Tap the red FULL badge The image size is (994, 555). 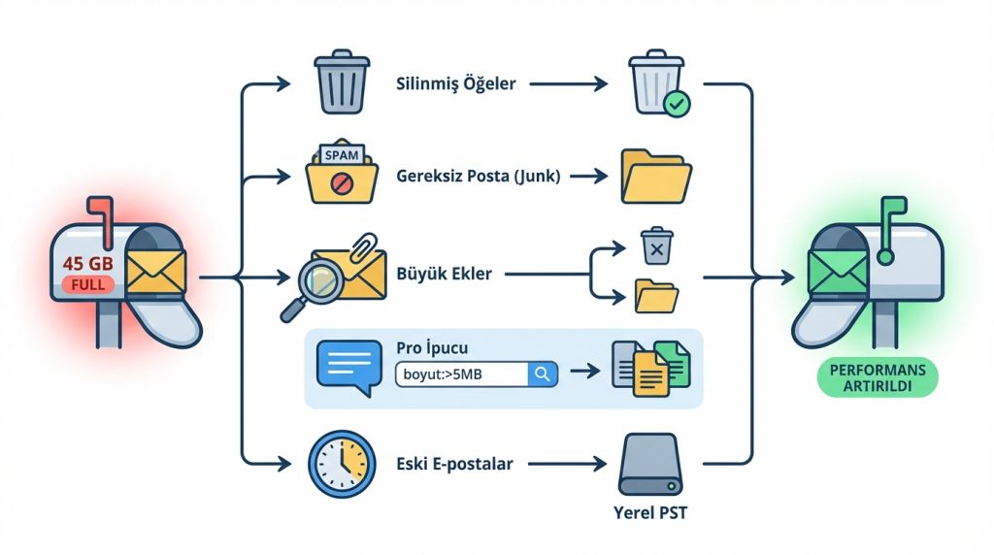point(87,286)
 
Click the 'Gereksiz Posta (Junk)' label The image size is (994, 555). point(479,177)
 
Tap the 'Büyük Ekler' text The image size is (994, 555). point(444,274)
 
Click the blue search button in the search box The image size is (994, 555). point(542,374)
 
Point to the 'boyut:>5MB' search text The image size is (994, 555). point(447,374)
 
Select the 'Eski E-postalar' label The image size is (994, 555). point(454,464)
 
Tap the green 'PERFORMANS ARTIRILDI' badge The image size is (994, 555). point(878,377)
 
